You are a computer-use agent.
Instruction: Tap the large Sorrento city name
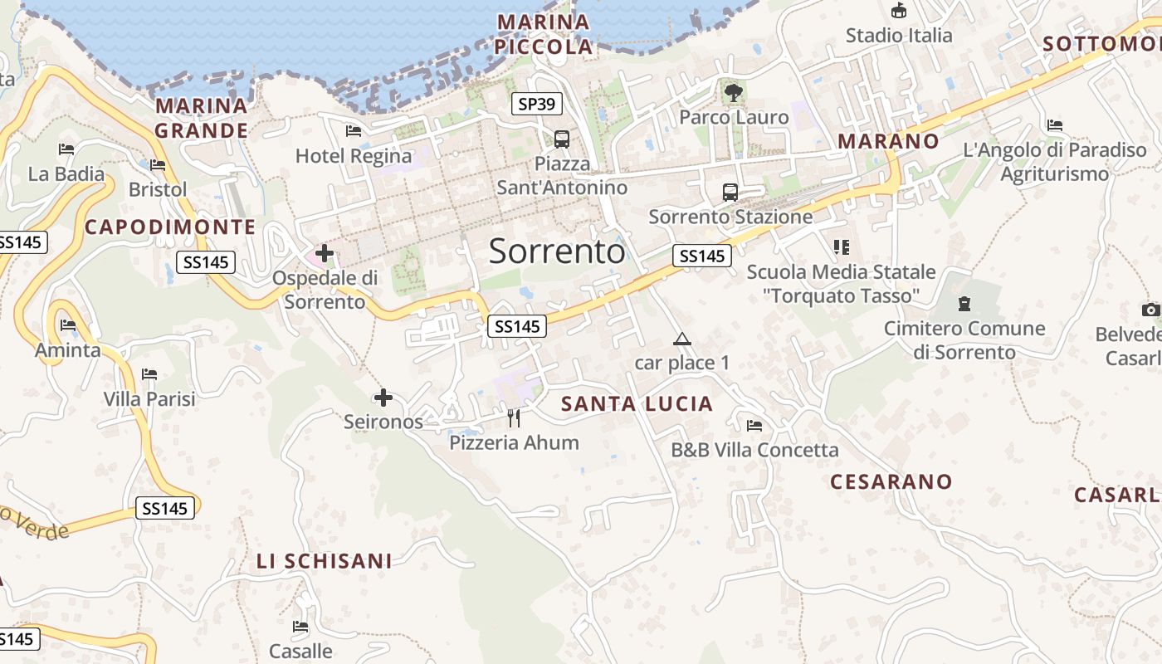point(556,251)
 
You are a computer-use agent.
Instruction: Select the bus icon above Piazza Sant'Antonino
point(562,139)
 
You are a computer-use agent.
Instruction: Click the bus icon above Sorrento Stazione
point(730,193)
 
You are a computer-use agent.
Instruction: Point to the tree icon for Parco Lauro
point(733,93)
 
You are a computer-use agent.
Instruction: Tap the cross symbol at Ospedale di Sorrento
point(325,253)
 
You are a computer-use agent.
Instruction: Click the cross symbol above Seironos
point(383,398)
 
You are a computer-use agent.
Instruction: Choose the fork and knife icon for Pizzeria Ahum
point(514,418)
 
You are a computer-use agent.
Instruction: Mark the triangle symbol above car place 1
point(682,339)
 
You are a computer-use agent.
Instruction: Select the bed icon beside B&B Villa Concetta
point(754,426)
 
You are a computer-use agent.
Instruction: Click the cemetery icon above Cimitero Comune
point(964,304)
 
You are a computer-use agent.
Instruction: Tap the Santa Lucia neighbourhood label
point(637,404)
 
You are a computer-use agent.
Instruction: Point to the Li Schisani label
point(324,562)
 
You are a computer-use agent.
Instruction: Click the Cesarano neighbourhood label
point(891,481)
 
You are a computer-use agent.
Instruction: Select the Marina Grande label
point(202,118)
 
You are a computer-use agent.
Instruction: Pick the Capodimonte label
point(170,227)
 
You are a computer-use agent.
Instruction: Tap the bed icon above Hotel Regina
point(354,131)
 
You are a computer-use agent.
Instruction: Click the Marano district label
point(888,141)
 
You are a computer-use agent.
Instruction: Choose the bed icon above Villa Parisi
point(149,374)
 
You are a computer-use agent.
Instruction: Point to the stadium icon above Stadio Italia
point(899,11)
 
